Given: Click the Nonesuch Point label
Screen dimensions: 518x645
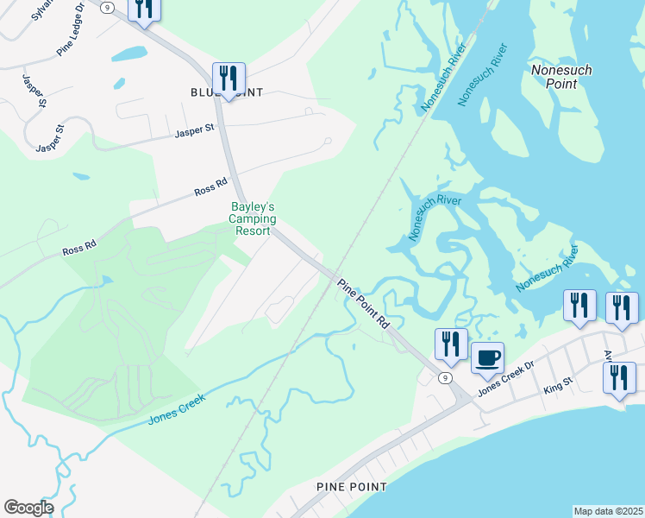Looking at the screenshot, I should tap(561, 76).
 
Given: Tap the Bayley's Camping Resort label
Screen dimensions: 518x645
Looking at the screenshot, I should tap(253, 219).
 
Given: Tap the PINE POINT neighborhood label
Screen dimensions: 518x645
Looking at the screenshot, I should tap(351, 487).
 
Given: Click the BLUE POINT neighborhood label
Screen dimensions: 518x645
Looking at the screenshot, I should tap(226, 92).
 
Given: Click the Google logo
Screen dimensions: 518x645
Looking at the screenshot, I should tap(28, 508).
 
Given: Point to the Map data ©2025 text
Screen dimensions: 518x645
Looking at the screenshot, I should tap(609, 511).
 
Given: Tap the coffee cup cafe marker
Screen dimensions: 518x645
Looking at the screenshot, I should tap(488, 357).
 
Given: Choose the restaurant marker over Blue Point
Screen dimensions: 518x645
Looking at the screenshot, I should tap(229, 78).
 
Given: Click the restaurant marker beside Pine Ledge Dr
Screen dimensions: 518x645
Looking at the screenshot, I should tap(143, 9).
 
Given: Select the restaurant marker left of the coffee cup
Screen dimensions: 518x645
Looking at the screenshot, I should tap(451, 344).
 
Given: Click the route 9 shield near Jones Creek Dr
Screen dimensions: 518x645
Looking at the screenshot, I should tap(444, 378).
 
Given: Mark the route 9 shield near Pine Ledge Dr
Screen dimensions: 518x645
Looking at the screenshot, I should tap(106, 7).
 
